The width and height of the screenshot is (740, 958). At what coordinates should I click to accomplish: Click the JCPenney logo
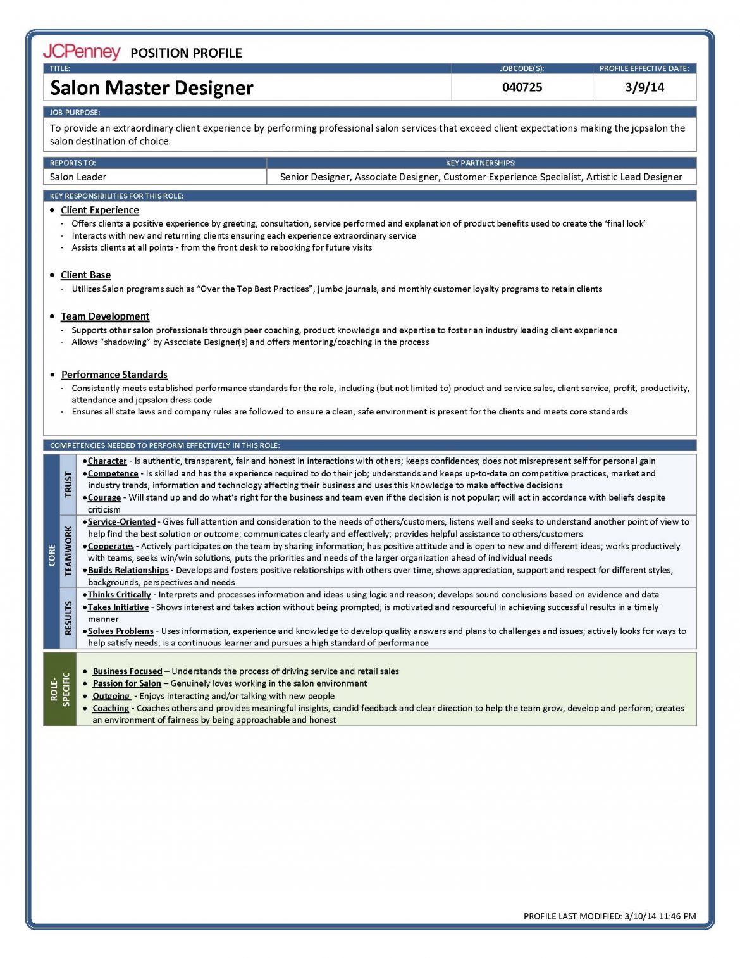[x=81, y=52]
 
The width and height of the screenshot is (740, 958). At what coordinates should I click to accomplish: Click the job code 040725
[x=522, y=87]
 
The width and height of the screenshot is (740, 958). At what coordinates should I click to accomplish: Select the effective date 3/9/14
[x=644, y=87]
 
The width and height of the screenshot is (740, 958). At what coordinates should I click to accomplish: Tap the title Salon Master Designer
[x=152, y=88]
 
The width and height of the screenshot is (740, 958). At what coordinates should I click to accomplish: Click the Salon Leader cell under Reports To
[x=78, y=177]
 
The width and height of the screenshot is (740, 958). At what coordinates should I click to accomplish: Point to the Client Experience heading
[x=100, y=210]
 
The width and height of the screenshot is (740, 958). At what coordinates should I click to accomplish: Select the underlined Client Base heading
[x=86, y=275]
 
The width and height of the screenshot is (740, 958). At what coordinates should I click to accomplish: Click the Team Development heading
[x=105, y=316]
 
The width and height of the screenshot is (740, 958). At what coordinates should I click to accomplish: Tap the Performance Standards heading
[x=114, y=375]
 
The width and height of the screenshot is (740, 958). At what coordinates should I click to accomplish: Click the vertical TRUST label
[x=68, y=485]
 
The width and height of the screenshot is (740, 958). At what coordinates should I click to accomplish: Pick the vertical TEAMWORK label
[x=68, y=551]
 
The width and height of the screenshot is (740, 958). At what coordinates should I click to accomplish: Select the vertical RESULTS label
[x=68, y=618]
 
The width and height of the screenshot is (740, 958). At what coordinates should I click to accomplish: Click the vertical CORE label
[x=52, y=556]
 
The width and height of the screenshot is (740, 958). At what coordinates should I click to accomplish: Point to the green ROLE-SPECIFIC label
[x=60, y=689]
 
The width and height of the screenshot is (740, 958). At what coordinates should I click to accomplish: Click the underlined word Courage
[x=104, y=497]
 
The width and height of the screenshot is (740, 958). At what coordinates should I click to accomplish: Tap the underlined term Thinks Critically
[x=120, y=595]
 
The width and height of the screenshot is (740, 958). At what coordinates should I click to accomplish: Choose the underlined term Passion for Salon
[x=127, y=683]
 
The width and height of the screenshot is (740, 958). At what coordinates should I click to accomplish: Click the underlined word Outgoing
[x=111, y=696]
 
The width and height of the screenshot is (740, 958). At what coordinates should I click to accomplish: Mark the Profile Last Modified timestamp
[x=610, y=916]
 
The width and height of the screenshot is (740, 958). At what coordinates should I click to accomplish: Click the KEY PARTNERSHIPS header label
[x=481, y=163]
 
